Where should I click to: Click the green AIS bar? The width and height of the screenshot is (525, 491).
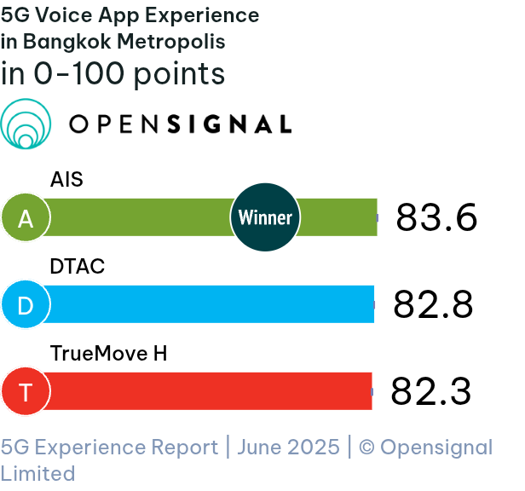136,217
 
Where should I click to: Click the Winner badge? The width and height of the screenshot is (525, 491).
265,217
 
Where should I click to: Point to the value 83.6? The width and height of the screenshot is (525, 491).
436,218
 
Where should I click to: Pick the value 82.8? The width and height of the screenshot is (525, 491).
433,305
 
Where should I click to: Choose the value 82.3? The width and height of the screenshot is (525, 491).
430,392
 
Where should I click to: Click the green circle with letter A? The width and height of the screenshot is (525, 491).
26,218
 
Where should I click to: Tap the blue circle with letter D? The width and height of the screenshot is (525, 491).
26,305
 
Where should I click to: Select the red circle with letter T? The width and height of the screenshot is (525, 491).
26,392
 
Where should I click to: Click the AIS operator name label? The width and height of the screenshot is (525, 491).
66,180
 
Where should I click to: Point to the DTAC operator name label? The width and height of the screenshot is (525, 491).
78,267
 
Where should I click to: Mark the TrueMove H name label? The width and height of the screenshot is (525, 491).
108,353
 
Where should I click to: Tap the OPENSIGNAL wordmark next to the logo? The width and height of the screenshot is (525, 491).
180,124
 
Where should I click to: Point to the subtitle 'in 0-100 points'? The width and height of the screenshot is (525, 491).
113,74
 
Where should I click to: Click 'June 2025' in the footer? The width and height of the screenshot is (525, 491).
288,448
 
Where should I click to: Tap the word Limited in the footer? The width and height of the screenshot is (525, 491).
37,473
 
